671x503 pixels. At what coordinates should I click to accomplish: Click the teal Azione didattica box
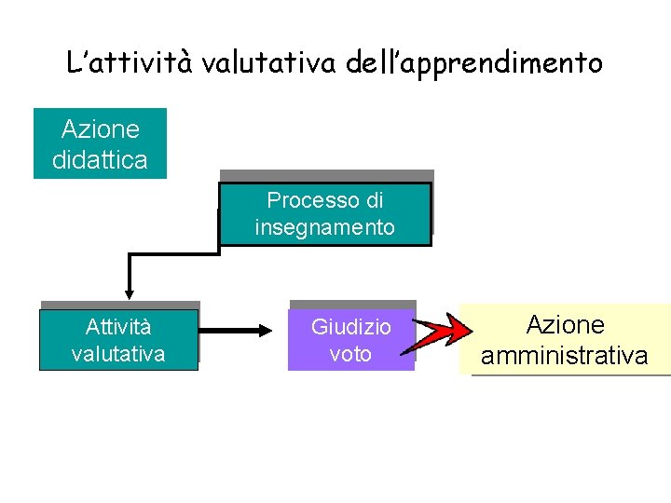[100, 143]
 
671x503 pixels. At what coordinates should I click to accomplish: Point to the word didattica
[100, 160]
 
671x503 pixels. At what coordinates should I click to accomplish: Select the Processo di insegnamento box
[325, 213]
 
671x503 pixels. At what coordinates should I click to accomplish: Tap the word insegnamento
[325, 227]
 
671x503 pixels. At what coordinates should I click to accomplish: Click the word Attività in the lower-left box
[118, 327]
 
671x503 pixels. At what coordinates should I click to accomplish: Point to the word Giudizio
[351, 327]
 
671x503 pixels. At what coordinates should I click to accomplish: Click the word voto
[351, 354]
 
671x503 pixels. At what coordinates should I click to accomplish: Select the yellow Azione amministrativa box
[565, 340]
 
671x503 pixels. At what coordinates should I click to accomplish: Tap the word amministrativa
[565, 355]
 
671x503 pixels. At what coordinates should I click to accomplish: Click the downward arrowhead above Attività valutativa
[130, 290]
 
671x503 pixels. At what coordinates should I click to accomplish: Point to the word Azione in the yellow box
[566, 325]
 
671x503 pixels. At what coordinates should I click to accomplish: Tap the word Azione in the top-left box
[100, 129]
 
